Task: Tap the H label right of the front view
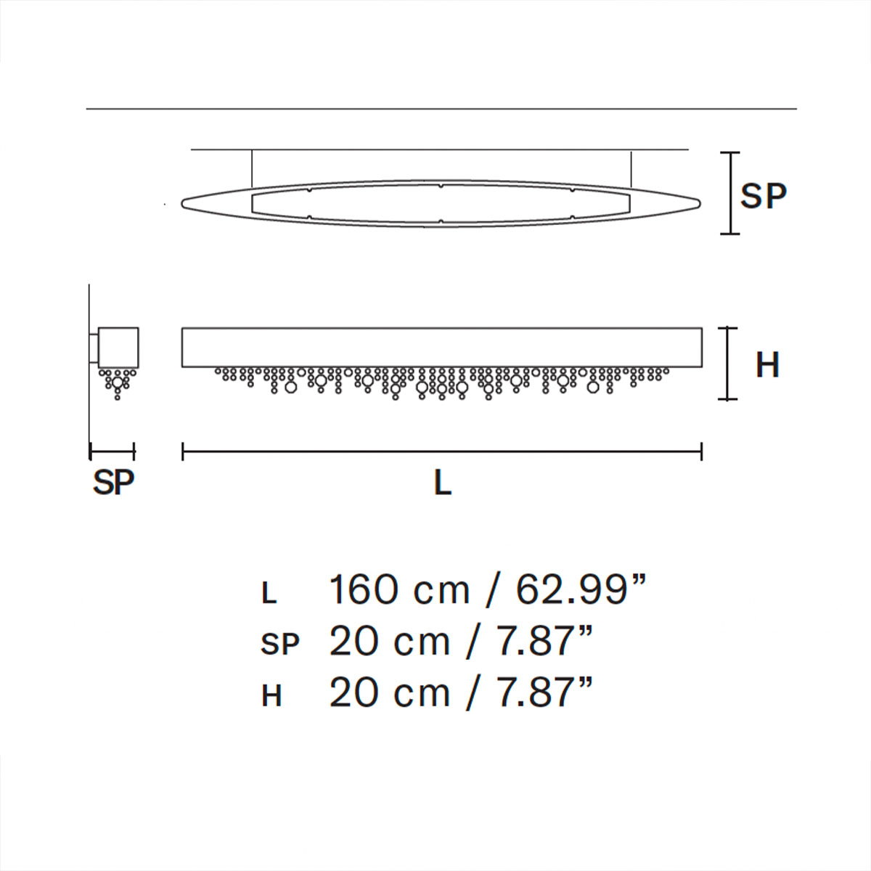pyautogui.click(x=767, y=364)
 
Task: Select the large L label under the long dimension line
pyautogui.click(x=442, y=482)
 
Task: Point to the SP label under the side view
pyautogui.click(x=113, y=482)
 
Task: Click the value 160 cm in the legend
pyautogui.click(x=399, y=589)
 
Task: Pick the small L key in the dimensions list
pyautogui.click(x=269, y=594)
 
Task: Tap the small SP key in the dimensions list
pyautogui.click(x=279, y=645)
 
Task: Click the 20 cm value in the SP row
pyautogui.click(x=389, y=642)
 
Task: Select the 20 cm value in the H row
pyautogui.click(x=389, y=693)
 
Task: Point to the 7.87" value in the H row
pyautogui.click(x=544, y=693)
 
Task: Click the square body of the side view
pyautogui.click(x=118, y=347)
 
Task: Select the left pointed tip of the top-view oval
pyautogui.click(x=184, y=203)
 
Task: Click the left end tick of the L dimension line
pyautogui.click(x=183, y=452)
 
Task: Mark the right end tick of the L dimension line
pyautogui.click(x=701, y=452)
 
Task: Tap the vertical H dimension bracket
pyautogui.click(x=728, y=363)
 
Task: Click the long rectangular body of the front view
pyautogui.click(x=441, y=347)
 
